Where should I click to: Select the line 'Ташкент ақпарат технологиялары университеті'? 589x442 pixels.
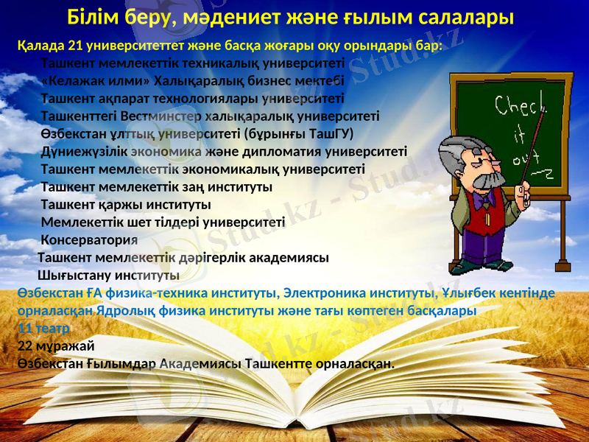pos(192,98)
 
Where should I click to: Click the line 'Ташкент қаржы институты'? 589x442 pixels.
pos(126,204)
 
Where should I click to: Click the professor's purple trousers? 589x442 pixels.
pos(482,244)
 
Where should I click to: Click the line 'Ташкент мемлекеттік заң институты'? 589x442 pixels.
pos(156,187)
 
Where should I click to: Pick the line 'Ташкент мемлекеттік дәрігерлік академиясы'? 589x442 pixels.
pos(183,258)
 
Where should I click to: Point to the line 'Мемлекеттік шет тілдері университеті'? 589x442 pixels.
pos(163,222)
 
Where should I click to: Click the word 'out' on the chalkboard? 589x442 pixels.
pos(521,158)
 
